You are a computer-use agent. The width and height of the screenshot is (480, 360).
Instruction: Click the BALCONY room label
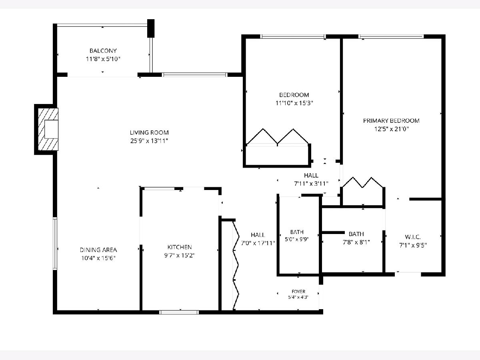[103, 51]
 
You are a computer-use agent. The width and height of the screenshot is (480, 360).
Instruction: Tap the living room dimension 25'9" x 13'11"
[149, 141]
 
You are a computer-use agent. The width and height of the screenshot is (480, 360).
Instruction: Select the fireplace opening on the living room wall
[51, 129]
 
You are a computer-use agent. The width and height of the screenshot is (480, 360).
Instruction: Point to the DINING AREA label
[98, 250]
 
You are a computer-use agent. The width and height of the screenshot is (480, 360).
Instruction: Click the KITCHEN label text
[180, 247]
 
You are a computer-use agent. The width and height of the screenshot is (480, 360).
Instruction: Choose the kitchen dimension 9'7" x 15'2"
[180, 255]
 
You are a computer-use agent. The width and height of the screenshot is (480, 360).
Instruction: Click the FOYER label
[298, 291]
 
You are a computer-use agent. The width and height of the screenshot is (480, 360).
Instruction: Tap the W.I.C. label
[413, 237]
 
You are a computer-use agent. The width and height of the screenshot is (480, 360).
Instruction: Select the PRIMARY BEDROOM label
[391, 121]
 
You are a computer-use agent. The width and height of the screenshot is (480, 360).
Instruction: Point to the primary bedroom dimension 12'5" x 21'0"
[391, 129]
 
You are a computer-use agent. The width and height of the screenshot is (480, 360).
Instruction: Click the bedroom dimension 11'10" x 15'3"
[294, 103]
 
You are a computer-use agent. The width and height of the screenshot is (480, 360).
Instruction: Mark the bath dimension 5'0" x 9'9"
[296, 239]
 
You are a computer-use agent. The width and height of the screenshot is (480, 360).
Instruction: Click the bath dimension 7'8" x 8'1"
[356, 242]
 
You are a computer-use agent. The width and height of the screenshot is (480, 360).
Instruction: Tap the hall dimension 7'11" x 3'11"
[311, 184]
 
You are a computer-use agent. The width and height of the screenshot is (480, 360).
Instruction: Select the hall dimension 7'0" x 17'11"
[258, 243]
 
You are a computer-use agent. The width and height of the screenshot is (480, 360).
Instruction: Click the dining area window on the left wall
[55, 244]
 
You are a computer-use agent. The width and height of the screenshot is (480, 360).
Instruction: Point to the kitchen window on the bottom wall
[179, 312]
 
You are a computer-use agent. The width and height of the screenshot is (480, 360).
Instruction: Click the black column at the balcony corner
[151, 28]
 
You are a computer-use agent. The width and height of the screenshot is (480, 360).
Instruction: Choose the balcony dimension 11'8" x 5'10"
[103, 59]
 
